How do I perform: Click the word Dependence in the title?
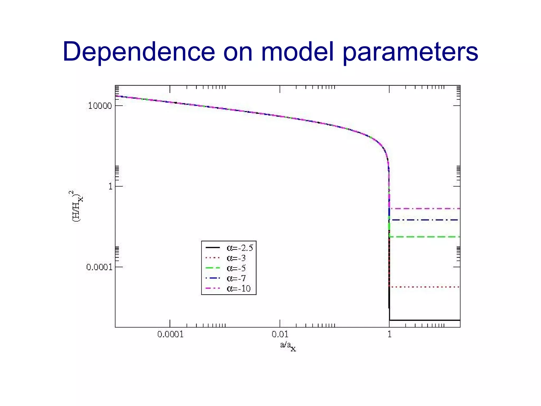(139, 52)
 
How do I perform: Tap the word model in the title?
(297, 52)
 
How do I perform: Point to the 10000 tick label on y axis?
(100, 106)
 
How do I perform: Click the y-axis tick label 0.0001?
(99, 267)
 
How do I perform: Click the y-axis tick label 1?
(110, 187)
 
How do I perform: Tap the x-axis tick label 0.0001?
(170, 334)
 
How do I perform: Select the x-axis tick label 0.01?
(280, 334)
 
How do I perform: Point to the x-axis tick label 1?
(389, 334)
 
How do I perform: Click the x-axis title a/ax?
(288, 346)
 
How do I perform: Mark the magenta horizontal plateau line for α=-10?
(425, 209)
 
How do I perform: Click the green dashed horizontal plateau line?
(425, 237)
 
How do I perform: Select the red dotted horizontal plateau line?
(425, 287)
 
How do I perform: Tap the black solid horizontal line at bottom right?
(425, 320)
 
